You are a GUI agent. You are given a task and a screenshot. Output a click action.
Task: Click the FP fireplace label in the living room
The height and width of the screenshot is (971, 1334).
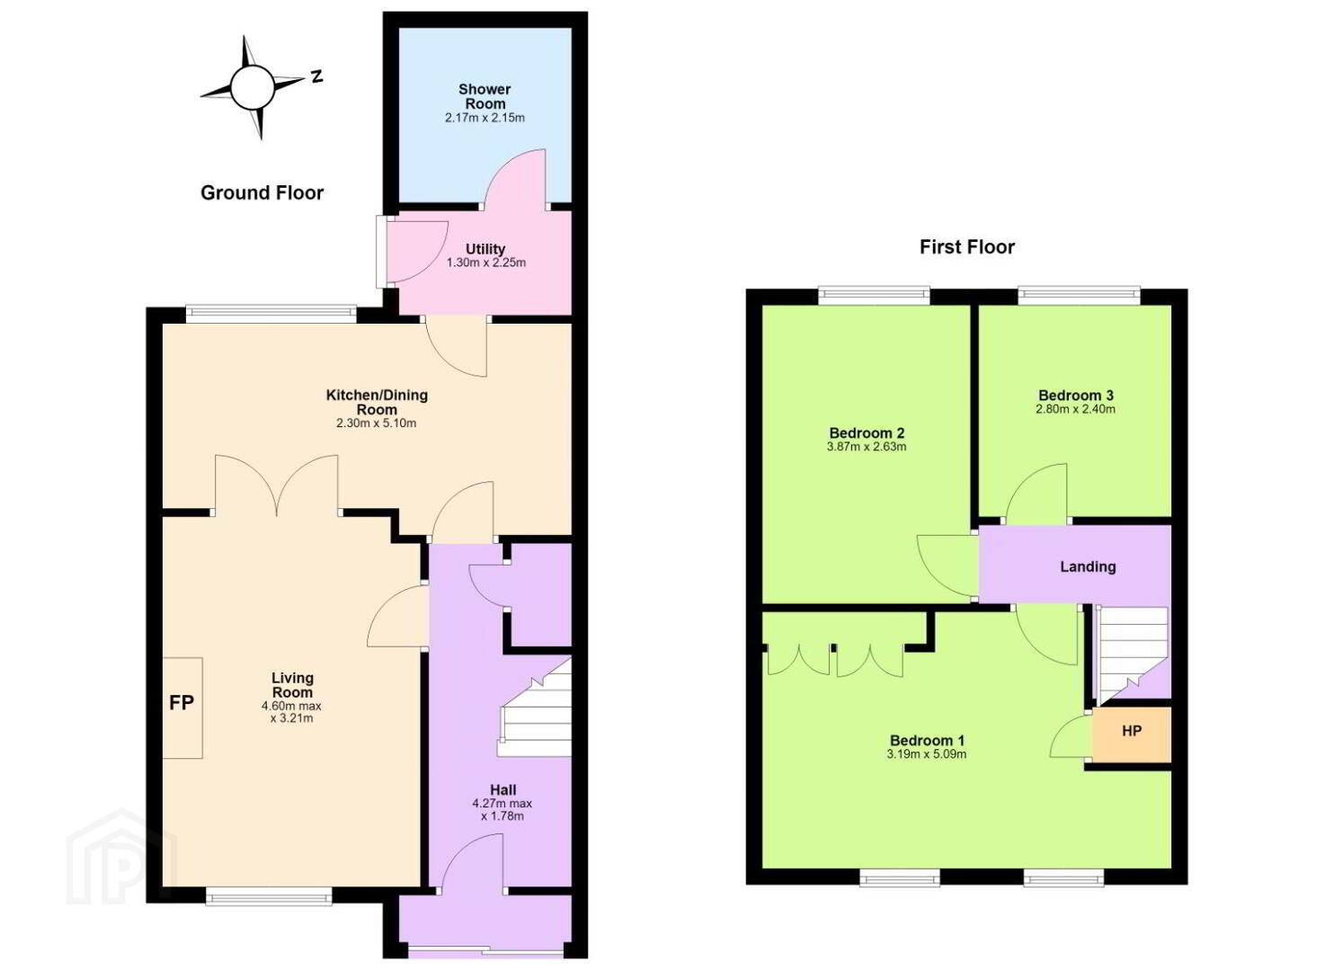click(x=182, y=703)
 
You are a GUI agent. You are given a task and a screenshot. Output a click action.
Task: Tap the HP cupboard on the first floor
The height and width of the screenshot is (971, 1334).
click(x=1132, y=735)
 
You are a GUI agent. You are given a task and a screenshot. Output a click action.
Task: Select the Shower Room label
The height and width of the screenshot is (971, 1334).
click(x=485, y=96)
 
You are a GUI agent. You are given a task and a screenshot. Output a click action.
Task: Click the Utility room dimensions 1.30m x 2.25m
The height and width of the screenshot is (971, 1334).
click(x=486, y=263)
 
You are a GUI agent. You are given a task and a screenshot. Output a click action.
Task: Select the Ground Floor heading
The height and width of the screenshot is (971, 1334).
click(x=262, y=193)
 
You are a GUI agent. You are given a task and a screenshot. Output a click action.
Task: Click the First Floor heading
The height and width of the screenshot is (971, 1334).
click(x=967, y=246)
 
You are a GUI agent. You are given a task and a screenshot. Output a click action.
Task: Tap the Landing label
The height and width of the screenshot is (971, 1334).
click(x=1088, y=566)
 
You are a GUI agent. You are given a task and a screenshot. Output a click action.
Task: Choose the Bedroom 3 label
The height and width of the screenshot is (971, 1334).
click(x=1075, y=395)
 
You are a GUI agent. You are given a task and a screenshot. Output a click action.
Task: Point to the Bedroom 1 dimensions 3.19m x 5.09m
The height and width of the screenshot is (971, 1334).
click(x=926, y=754)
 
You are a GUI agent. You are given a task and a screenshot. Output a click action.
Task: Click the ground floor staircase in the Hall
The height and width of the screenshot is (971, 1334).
click(x=535, y=708)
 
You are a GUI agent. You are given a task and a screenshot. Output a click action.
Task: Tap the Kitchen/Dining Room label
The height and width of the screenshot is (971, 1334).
click(x=377, y=402)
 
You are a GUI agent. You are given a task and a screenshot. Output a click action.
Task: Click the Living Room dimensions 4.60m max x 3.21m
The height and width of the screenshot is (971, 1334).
click(x=292, y=712)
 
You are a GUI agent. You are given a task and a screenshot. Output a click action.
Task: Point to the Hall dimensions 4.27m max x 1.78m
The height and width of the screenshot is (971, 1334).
click(x=502, y=809)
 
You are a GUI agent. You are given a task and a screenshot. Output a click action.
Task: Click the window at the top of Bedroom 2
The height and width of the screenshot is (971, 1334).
click(x=874, y=296)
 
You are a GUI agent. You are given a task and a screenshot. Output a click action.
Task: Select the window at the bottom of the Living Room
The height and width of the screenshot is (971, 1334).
click(x=269, y=896)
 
